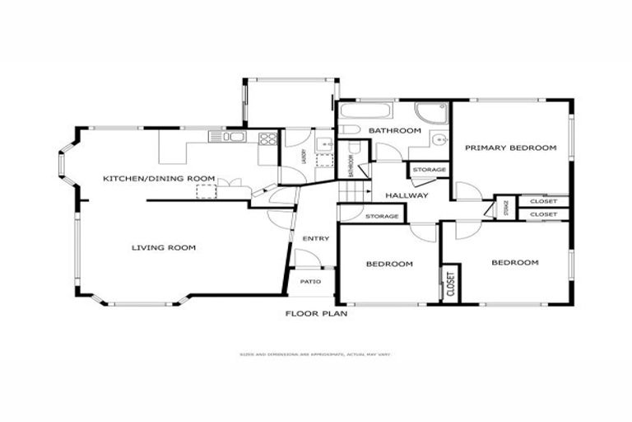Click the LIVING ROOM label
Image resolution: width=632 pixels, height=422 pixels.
point(164,247)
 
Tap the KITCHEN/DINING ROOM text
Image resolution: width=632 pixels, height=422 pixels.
point(159,178)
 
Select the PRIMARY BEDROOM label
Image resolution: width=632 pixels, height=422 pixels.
point(510,148)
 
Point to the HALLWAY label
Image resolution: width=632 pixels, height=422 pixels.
point(407,195)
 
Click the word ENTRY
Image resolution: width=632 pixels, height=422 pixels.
point(316,239)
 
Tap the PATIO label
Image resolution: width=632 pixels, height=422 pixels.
point(310,282)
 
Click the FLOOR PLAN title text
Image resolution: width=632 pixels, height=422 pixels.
point(316,313)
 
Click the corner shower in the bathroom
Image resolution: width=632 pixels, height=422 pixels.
point(431,113)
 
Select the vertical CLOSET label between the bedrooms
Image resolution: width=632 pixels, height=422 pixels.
point(451,284)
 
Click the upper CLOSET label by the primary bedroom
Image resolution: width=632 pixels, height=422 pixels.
point(543,201)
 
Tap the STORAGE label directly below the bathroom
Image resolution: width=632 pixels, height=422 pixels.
point(430,170)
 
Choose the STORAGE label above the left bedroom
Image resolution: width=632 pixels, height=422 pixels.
point(382,217)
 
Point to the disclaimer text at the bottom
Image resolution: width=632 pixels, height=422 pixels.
point(316,355)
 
